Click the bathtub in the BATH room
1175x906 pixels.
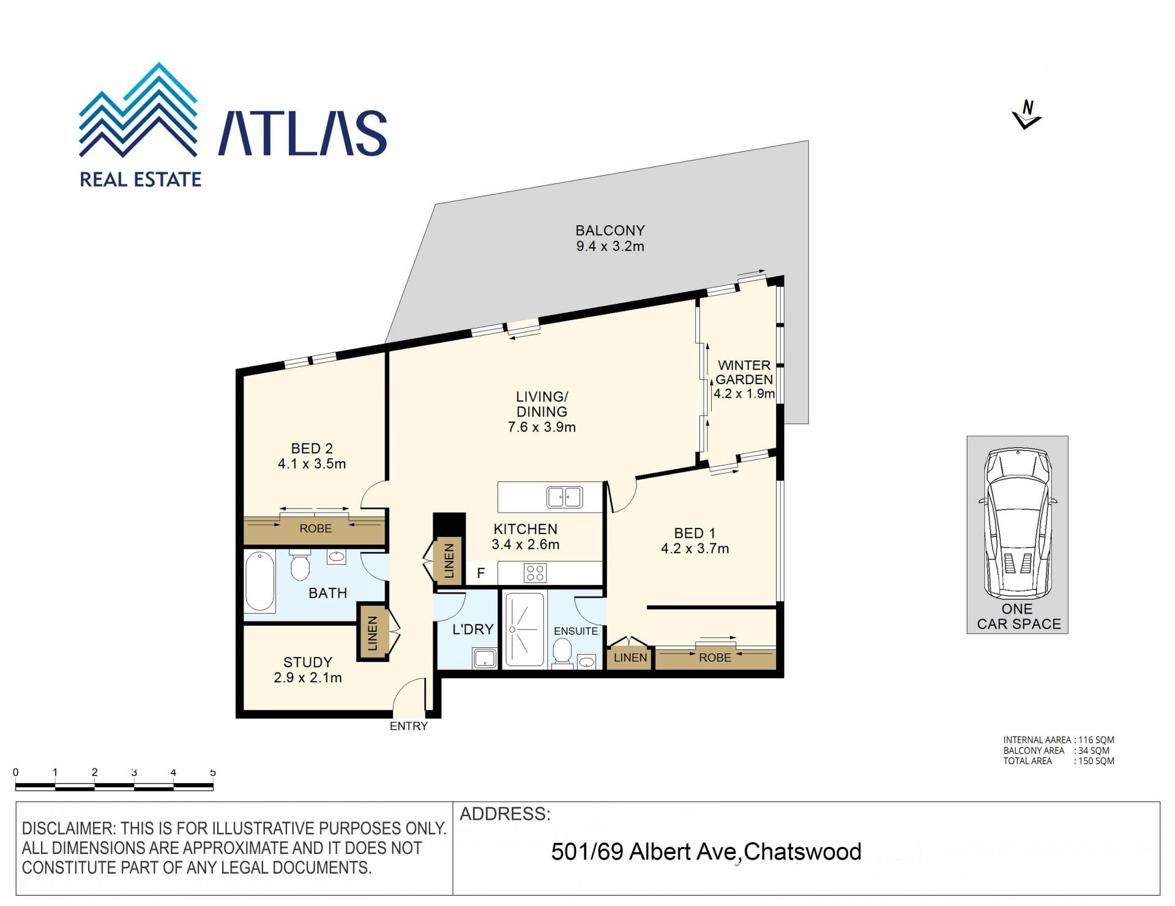tap(259, 581)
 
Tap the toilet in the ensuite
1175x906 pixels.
tap(561, 653)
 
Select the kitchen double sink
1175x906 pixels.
tap(564, 497)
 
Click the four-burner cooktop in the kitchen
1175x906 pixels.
tap(535, 573)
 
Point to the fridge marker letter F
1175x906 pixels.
tap(481, 573)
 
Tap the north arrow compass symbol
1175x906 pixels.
tap(1027, 115)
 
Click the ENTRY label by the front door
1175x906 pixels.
tap(409, 726)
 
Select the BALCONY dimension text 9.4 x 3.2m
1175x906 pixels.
tap(610, 246)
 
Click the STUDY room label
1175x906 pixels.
tap(308, 662)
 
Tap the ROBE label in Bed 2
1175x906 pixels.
tap(316, 529)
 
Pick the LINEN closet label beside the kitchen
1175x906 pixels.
tap(449, 560)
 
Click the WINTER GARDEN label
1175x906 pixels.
tap(744, 372)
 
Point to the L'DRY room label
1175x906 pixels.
tap(472, 629)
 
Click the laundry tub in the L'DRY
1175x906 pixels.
tap(485, 658)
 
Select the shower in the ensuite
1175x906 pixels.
tap(524, 629)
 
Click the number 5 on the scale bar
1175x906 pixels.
tap(213, 773)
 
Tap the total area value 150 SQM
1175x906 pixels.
tap(1096, 761)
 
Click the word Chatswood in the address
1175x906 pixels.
tap(802, 852)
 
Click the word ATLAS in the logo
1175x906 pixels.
tap(302, 133)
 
